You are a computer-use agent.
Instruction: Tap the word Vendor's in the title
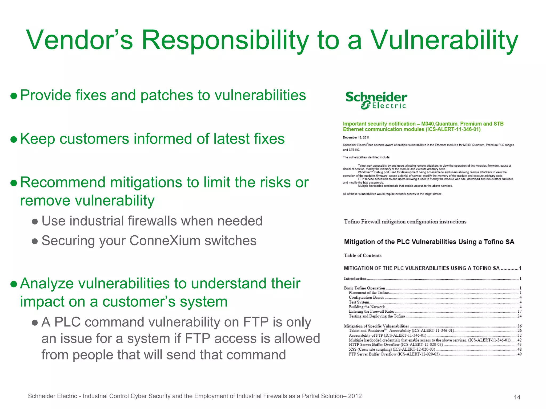point(79,40)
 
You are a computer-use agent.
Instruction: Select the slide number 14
point(517,397)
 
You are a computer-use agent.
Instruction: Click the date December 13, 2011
point(356,137)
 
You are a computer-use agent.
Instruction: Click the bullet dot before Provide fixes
point(14,96)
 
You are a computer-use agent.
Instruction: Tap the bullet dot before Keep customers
point(14,140)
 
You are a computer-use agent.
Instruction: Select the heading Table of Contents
point(363,255)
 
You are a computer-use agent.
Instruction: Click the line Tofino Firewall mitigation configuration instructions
point(405,222)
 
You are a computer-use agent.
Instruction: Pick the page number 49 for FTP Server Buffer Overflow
point(519,354)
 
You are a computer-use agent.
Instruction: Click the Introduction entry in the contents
point(355,279)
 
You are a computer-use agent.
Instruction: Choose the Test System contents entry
point(359,302)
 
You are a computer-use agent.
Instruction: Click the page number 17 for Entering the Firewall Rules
point(519,311)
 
